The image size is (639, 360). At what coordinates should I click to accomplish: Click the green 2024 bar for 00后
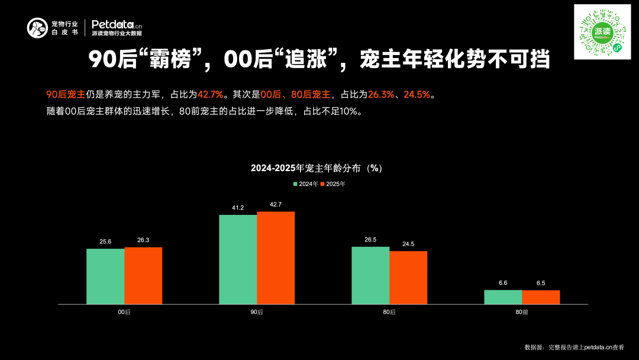coord(105,277)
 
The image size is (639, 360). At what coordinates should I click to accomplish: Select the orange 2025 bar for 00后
coord(143,275)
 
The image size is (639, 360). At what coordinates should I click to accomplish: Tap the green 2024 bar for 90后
coord(238,259)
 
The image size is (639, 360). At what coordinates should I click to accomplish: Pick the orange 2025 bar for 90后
coord(276,258)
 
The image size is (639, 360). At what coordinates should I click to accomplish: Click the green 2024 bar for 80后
coord(370,275)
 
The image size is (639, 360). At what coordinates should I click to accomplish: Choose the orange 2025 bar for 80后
coord(408,278)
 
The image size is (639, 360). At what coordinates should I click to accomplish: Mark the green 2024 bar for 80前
coord(503,297)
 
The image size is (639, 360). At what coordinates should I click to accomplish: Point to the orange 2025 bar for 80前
coord(541,297)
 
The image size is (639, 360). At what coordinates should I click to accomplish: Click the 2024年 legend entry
coord(306,184)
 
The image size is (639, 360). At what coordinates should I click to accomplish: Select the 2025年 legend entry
coord(333,184)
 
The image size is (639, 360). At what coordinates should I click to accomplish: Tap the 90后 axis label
coord(257,312)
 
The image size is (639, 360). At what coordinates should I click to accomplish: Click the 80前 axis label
coord(522,312)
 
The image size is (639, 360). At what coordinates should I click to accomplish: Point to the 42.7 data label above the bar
coord(276,205)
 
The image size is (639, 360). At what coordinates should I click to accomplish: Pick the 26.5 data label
coord(370,240)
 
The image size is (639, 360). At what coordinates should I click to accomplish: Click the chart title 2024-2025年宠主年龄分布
coord(316,168)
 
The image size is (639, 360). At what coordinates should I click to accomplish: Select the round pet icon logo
coord(37,28)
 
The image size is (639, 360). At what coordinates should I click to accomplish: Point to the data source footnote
coord(574,348)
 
